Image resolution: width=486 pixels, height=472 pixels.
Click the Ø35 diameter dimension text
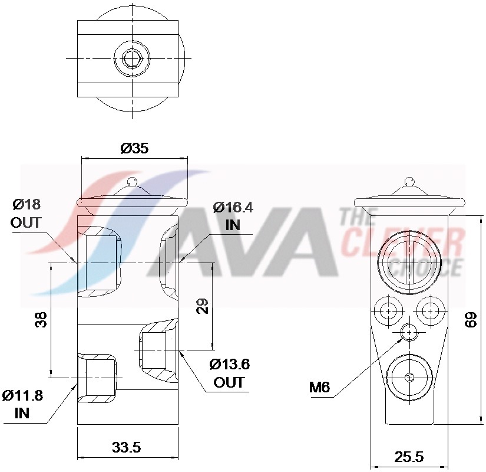pos(134,149)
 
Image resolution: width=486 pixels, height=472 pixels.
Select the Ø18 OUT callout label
pos(27,214)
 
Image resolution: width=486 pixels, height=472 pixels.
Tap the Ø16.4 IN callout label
pos(233,216)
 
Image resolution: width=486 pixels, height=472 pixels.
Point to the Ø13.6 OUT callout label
pos(229,373)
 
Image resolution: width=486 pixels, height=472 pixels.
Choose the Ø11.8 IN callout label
pos(22,404)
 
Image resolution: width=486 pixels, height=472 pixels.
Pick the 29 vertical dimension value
pos(202,306)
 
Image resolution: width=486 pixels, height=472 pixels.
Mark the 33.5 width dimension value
pos(127,447)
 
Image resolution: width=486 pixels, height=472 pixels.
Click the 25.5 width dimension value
pos(409,457)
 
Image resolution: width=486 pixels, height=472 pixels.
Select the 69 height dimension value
pos(471,320)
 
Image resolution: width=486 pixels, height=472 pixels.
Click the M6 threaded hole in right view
pos(409,333)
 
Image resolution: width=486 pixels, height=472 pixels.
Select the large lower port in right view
pos(409,378)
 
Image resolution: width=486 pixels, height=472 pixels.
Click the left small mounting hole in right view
pos(388,310)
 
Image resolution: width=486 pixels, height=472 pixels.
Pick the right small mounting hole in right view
pos(431,310)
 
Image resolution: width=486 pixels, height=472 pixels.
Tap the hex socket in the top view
pos(131,59)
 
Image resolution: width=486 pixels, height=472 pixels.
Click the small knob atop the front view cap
pos(133,181)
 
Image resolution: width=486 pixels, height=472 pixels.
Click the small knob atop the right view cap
pos(409,180)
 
